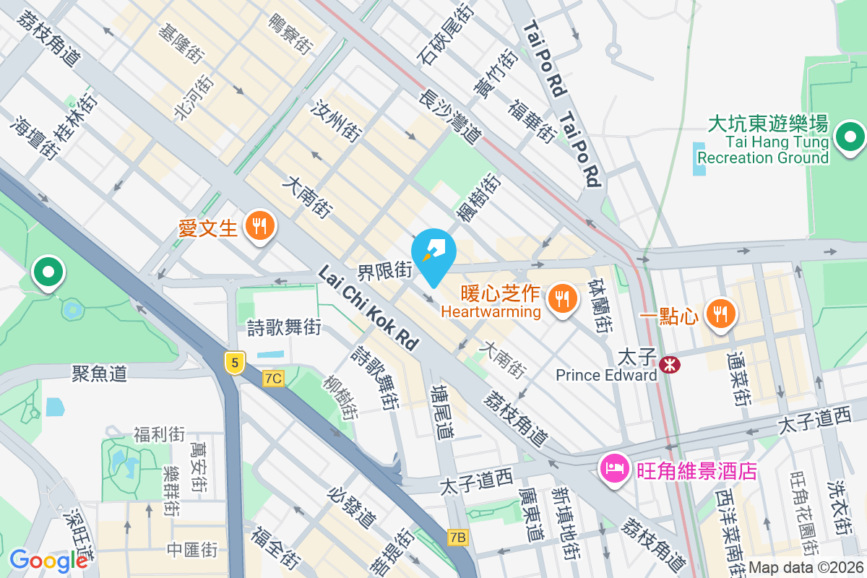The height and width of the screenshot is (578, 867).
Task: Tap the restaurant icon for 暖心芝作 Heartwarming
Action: coord(561,298)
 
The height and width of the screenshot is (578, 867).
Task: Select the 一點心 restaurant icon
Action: coord(721,314)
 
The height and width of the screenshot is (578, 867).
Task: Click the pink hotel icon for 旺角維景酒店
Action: coord(614,468)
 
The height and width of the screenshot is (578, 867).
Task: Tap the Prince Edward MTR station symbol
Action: coord(670,365)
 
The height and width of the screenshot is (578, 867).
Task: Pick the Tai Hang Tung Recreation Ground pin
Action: coord(850,137)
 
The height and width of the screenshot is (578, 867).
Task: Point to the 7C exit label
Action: coord(273,379)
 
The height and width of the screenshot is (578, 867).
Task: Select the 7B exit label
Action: coord(458,537)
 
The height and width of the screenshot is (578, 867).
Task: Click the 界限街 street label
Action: coord(384,272)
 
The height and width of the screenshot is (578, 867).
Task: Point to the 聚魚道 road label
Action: coord(99,373)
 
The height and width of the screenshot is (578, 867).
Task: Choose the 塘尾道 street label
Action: coord(442,412)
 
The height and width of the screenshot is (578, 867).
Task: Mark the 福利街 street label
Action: coord(159,434)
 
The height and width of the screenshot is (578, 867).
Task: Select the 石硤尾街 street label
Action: coord(445,33)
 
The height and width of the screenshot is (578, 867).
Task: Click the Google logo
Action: coord(48,561)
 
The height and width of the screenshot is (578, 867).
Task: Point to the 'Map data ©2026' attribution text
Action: coord(806,568)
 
